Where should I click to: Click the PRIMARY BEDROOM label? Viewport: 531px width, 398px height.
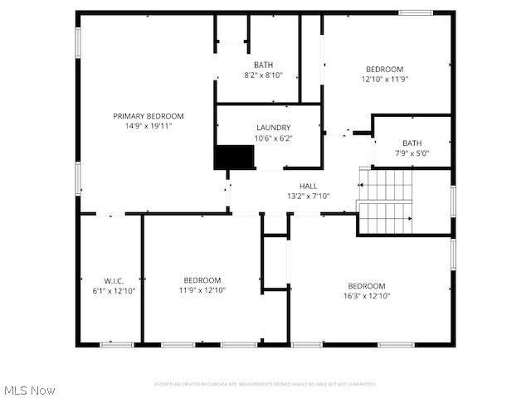click(149, 116)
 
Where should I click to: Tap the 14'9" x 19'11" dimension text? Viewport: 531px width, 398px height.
click(149, 127)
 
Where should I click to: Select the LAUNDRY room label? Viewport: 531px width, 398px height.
click(273, 127)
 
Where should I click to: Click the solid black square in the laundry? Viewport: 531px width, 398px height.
click(234, 157)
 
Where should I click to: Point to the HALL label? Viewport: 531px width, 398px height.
click(308, 186)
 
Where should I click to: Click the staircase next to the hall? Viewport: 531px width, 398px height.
click(385, 201)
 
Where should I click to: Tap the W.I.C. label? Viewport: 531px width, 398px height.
click(114, 280)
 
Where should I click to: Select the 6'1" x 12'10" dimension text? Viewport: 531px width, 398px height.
click(114, 291)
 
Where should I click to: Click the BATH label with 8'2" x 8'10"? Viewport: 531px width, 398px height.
click(263, 65)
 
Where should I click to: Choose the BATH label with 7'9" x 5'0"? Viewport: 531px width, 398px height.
click(412, 143)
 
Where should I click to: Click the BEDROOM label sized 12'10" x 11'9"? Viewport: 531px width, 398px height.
click(385, 69)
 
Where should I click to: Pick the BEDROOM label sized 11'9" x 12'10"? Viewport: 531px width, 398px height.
click(202, 280)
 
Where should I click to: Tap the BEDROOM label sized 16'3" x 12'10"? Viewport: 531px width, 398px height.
click(367, 286)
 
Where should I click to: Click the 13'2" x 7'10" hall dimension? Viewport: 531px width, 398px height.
click(308, 197)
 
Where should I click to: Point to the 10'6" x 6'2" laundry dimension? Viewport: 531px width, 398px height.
click(273, 138)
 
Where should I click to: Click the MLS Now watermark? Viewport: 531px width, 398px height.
click(30, 390)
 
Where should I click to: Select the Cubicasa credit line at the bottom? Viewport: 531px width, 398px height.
click(265, 384)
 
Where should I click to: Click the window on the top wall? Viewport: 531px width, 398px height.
click(415, 12)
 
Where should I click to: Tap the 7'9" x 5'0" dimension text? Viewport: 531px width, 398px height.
click(412, 153)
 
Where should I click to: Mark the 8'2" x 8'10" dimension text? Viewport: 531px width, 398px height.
click(263, 75)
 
